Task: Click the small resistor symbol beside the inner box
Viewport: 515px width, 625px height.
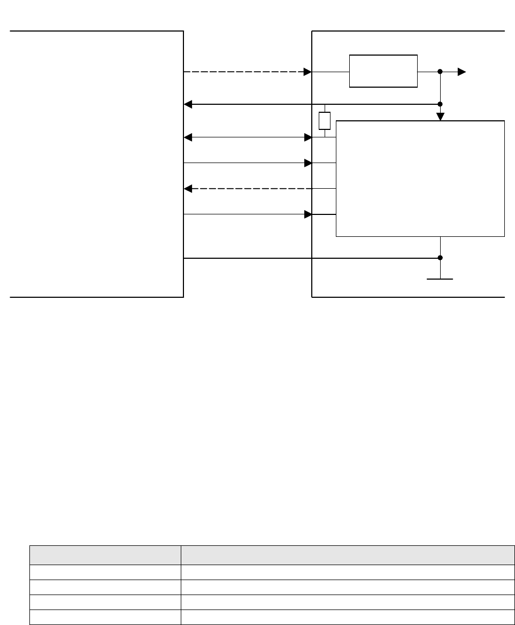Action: (325, 121)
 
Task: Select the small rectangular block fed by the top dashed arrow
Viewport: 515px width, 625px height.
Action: (383, 71)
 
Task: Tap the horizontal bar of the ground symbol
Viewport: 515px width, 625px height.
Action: (440, 279)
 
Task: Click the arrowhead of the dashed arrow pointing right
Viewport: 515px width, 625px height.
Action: (308, 72)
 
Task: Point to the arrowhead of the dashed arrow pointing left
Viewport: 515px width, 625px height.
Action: (188, 189)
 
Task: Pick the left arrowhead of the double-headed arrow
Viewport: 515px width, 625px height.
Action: (188, 137)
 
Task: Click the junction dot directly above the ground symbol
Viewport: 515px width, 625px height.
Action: (440, 258)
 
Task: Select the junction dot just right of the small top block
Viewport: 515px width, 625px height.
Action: (440, 72)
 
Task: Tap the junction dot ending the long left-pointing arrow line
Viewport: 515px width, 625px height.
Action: (440, 104)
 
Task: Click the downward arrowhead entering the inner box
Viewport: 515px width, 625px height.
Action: (440, 117)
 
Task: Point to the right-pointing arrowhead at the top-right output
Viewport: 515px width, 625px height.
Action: (462, 72)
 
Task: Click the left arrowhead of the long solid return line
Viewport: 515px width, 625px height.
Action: (188, 104)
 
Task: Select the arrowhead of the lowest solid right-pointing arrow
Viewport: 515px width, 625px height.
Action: (308, 214)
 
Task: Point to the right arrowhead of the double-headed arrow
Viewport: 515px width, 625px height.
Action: (308, 137)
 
